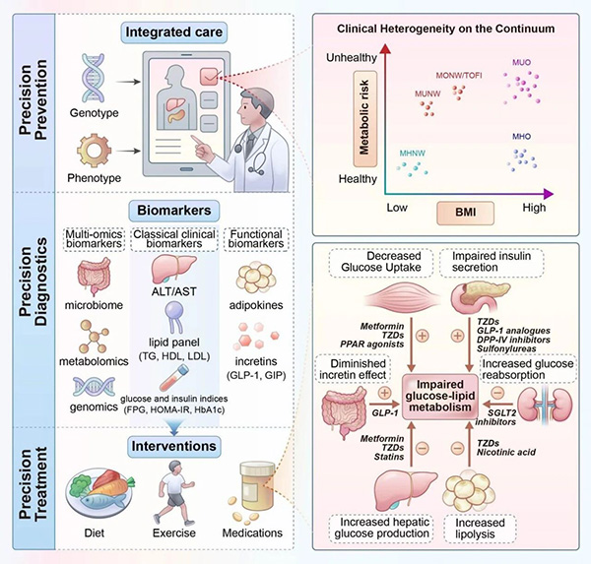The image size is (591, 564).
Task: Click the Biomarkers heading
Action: (x=178, y=210)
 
